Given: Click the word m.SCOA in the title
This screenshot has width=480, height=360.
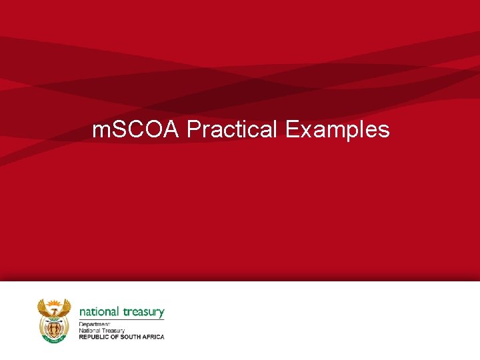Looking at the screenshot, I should [x=136, y=129].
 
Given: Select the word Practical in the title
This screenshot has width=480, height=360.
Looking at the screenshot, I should [x=232, y=129].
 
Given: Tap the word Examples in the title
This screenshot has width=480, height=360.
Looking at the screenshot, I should [x=337, y=129].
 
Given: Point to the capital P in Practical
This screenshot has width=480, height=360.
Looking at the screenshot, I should [x=193, y=129].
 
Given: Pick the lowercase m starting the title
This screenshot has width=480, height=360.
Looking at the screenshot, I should [x=99, y=131].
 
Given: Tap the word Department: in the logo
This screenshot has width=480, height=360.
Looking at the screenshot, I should [x=94, y=324].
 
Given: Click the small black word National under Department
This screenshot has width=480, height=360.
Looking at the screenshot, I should [x=90, y=330].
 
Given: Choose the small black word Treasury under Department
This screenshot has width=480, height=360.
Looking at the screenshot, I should [x=113, y=330].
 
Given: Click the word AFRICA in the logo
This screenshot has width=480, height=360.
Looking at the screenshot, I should [x=155, y=337].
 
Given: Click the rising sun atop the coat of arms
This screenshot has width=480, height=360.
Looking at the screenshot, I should [x=53, y=303].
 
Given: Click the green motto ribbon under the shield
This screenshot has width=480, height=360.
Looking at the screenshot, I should [x=53, y=339].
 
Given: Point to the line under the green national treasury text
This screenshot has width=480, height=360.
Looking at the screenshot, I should [x=122, y=319].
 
